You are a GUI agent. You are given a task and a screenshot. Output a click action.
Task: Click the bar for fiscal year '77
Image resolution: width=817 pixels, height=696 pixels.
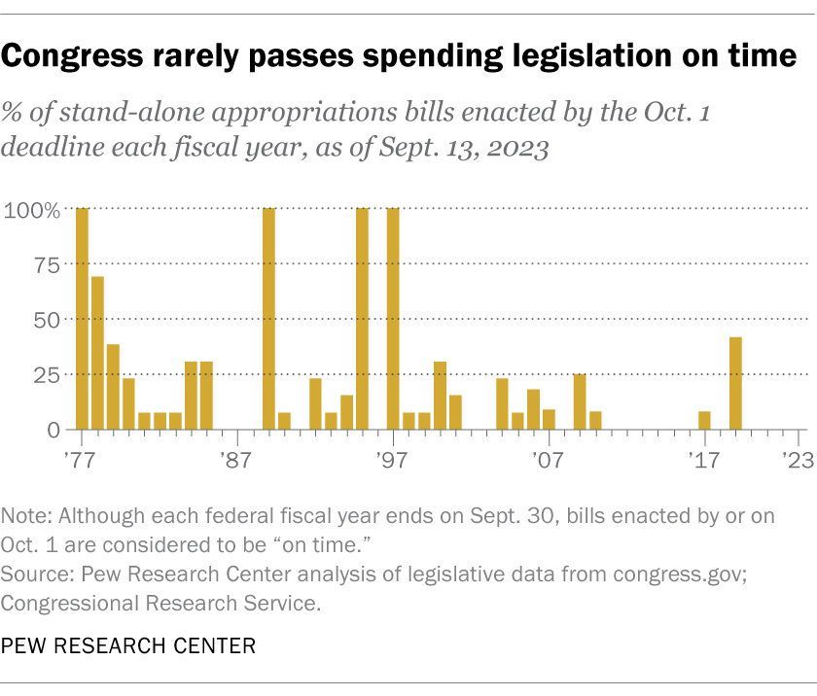point(82,318)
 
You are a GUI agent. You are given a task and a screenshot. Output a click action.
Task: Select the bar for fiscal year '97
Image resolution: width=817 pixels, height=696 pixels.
point(393,318)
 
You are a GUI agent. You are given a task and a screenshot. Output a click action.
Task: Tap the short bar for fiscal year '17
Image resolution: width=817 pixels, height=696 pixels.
point(704,420)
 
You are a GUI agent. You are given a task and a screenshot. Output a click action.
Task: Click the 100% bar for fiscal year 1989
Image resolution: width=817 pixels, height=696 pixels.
point(268,318)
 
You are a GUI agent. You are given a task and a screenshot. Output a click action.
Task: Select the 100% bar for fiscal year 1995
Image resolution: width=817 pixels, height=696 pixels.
point(362,318)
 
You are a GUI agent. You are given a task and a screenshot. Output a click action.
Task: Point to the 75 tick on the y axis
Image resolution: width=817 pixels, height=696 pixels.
point(47,264)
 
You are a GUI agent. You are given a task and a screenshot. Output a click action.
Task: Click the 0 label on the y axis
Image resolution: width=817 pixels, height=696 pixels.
point(55,430)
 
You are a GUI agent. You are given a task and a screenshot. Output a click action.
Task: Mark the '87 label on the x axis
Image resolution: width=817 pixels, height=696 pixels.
point(237,457)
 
